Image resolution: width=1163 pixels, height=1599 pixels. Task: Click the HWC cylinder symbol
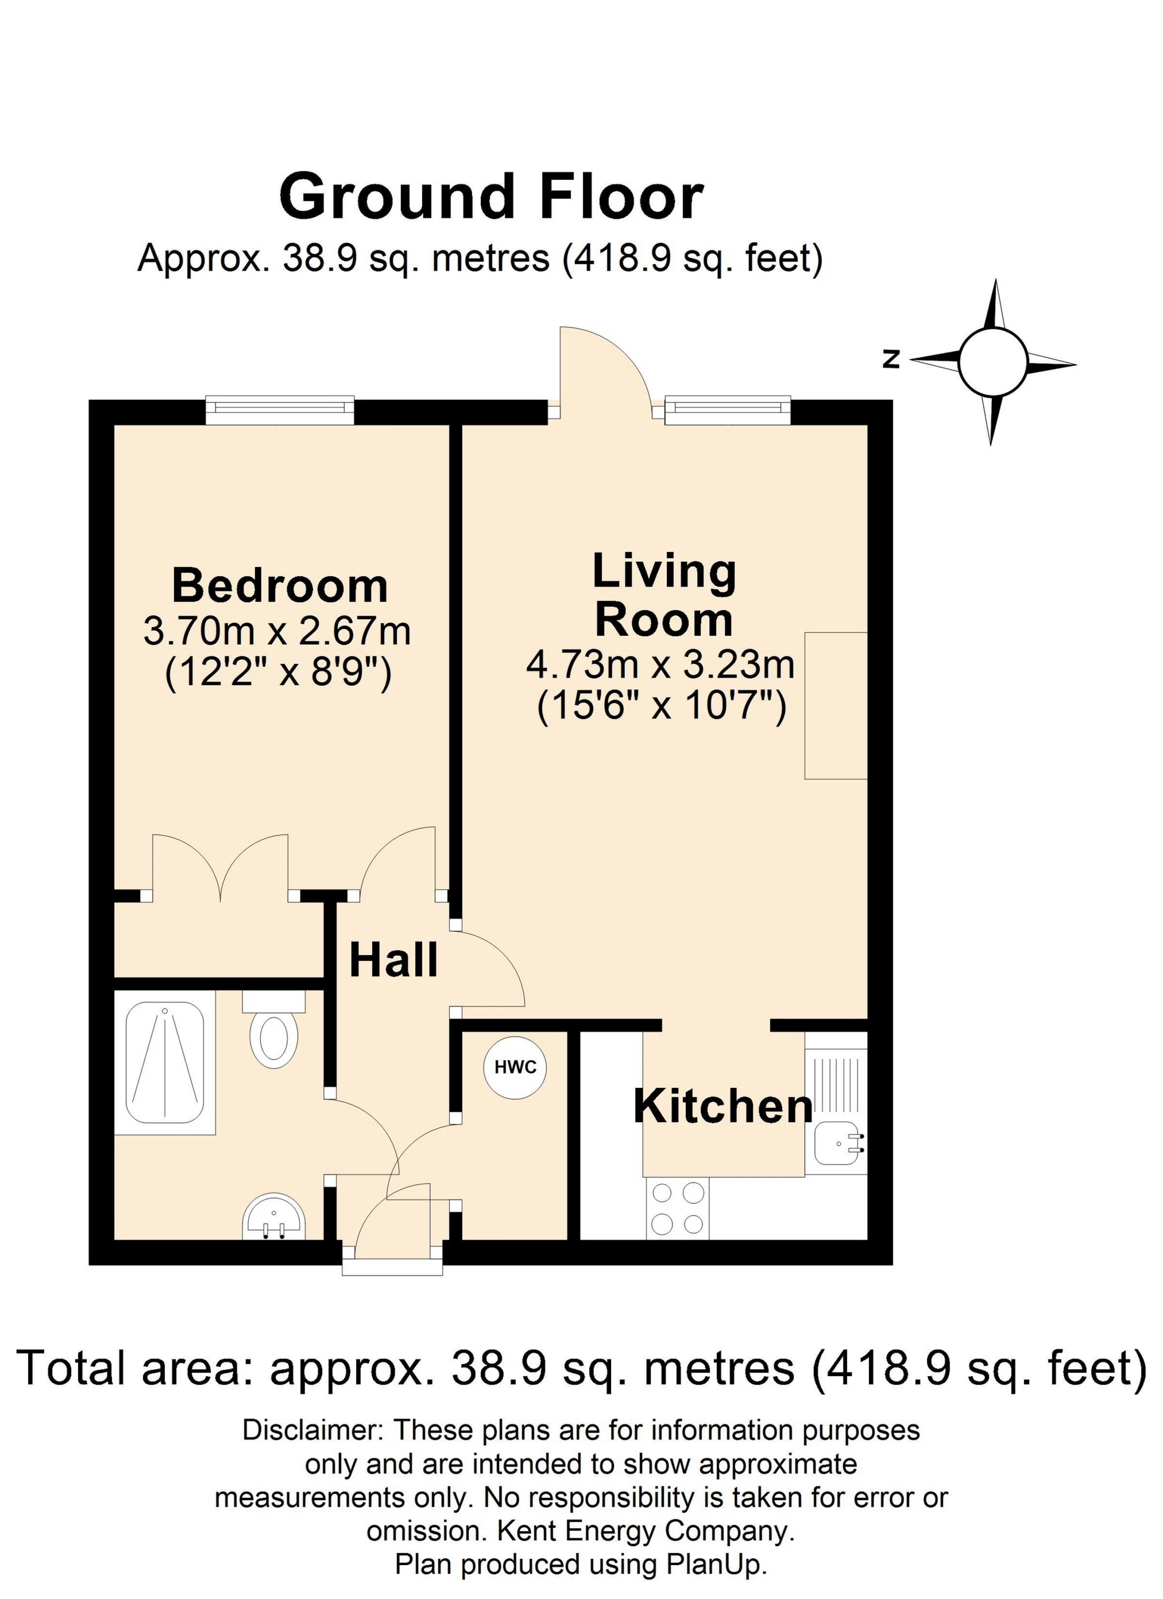point(515,1067)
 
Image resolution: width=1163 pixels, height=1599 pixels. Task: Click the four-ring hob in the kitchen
point(677,1208)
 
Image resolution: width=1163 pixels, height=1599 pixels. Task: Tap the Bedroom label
point(280,586)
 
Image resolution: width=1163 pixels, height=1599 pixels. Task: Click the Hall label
point(393,960)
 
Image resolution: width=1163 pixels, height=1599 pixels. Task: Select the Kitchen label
point(723,1106)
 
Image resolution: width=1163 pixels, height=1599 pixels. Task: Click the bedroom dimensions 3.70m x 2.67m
point(277,631)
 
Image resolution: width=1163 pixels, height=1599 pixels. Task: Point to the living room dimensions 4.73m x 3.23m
point(660,665)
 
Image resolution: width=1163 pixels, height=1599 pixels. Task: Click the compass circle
point(992,362)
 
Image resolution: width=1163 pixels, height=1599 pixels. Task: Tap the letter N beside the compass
point(891,360)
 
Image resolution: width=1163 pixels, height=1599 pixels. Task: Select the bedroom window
point(280,410)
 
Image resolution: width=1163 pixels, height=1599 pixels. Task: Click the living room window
point(728,410)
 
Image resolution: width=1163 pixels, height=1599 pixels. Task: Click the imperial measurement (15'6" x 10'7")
point(661,707)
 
